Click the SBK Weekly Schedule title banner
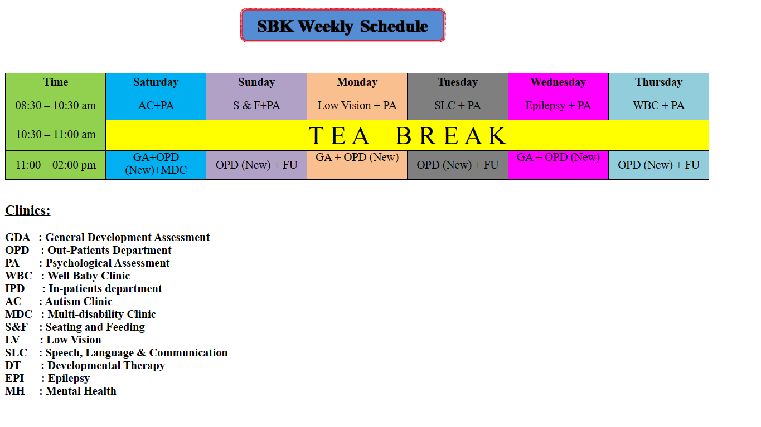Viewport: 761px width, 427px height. pyautogui.click(x=343, y=26)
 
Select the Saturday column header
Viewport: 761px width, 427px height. pyautogui.click(x=156, y=82)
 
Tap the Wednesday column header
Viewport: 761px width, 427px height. pyautogui.click(x=558, y=82)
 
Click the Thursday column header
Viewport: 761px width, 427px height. pyautogui.click(x=659, y=82)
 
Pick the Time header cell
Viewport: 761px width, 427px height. pyautogui.click(x=55, y=82)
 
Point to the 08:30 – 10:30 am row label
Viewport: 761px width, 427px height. pyautogui.click(x=55, y=105)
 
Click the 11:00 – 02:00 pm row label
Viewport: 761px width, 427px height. pyautogui.click(x=55, y=165)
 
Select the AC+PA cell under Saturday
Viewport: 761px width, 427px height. pyautogui.click(x=156, y=105)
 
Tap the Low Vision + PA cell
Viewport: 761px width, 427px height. pyautogui.click(x=357, y=105)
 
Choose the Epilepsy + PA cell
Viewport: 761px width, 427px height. pyautogui.click(x=558, y=105)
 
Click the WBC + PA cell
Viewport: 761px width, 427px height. pyautogui.click(x=659, y=105)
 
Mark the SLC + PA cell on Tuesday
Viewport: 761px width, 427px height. pyautogui.click(x=458, y=105)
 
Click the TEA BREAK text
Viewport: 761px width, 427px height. pyautogui.click(x=408, y=136)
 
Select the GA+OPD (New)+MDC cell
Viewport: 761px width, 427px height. pyautogui.click(x=156, y=165)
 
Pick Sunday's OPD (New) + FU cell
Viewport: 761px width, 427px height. pyautogui.click(x=256, y=165)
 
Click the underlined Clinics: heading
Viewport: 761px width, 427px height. pyautogui.click(x=27, y=210)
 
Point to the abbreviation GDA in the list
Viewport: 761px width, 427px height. pyautogui.click(x=17, y=237)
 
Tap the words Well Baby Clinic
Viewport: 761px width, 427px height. pyautogui.click(x=88, y=276)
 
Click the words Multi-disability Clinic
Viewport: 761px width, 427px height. pyautogui.click(x=101, y=314)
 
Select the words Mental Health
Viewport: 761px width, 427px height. pyautogui.click(x=81, y=391)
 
